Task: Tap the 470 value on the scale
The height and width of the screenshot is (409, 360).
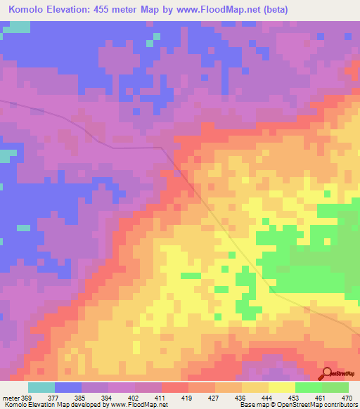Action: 346,397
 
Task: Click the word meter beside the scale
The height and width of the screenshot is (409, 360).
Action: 11,397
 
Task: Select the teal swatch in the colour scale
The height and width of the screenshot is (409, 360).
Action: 41,387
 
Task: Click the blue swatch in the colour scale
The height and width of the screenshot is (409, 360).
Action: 68,387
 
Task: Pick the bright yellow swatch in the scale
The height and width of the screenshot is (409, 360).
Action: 281,387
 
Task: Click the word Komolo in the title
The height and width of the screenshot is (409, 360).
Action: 29,11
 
